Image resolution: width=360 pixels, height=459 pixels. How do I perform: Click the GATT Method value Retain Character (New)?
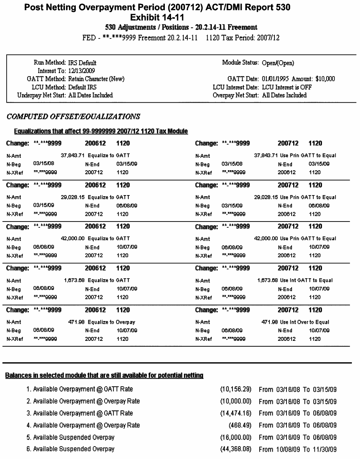coord(96,79)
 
